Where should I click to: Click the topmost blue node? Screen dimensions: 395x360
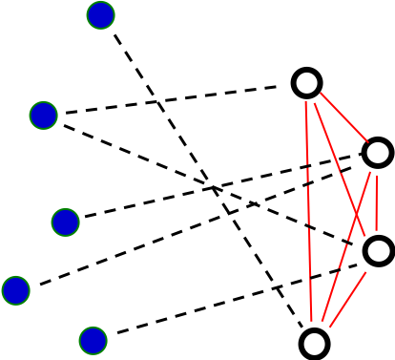100,15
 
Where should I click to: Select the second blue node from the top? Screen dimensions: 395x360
43,116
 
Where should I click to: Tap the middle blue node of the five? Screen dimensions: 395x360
65,222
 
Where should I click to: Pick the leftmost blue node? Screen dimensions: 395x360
15,290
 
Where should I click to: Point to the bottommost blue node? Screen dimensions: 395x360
93,341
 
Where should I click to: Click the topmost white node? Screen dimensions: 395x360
306,83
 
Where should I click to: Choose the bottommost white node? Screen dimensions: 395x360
314,344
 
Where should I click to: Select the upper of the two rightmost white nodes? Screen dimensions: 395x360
378,153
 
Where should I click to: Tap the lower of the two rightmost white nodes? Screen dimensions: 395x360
379,251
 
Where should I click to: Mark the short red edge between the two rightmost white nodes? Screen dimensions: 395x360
378,201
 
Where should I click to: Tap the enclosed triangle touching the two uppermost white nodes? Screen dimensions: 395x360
347,148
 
